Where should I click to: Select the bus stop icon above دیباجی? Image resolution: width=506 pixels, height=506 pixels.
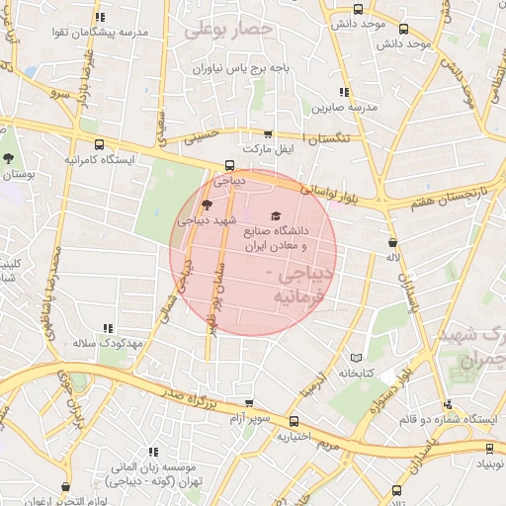(x=230, y=166)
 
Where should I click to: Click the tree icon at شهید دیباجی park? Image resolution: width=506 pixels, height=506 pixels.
(x=206, y=206)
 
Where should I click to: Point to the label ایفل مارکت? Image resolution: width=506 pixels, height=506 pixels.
(x=272, y=149)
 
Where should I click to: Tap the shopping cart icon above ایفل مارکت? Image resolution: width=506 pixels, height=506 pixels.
(x=268, y=133)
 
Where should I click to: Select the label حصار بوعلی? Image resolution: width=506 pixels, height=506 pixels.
(x=228, y=30)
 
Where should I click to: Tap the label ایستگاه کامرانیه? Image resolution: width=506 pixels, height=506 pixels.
(x=100, y=158)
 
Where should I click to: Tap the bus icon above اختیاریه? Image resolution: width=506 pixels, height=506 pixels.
(x=295, y=419)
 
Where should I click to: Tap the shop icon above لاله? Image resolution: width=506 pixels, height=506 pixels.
(x=393, y=241)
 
